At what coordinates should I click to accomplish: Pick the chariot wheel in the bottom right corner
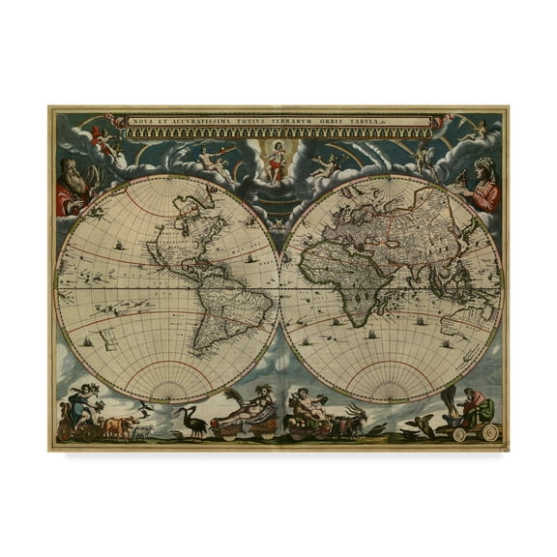click(491, 432)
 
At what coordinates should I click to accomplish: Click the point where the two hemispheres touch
click(279, 288)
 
